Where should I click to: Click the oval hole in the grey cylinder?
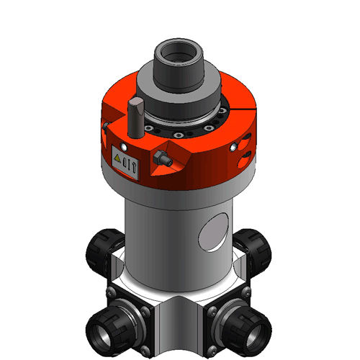(x=213, y=233)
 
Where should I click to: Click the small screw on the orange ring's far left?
(x=105, y=125)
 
